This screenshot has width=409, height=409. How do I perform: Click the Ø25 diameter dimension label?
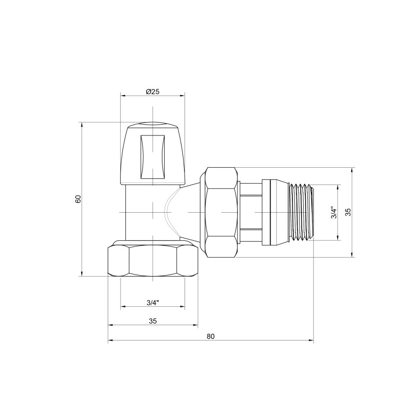point(152,92)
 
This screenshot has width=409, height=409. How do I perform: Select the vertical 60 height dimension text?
point(78,199)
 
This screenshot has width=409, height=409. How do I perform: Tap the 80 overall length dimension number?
point(211,336)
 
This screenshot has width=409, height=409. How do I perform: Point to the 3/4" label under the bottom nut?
point(152,303)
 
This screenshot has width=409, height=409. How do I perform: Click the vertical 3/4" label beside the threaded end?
point(333,212)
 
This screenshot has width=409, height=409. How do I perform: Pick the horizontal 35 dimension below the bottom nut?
point(152,321)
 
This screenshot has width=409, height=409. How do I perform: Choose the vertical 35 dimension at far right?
point(348,212)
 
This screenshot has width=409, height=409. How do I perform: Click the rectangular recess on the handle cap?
point(152,156)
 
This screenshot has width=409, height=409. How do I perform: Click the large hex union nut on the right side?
point(221,212)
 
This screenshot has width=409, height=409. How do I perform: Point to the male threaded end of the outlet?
point(302,212)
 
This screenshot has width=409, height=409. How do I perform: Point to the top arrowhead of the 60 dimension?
point(82,124)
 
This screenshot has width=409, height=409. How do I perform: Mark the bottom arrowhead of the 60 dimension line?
point(82,274)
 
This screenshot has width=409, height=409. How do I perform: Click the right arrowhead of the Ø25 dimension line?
point(183,95)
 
